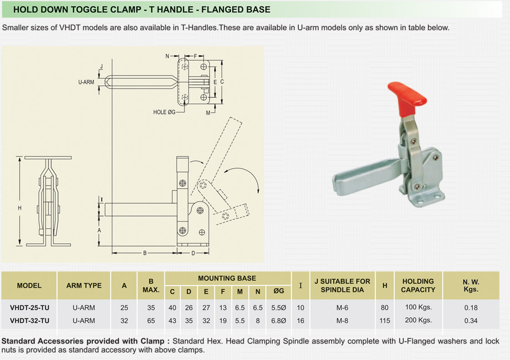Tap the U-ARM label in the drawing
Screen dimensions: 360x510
tap(86, 82)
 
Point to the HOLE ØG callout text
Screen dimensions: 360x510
tap(164, 112)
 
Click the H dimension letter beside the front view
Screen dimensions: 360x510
tap(20, 208)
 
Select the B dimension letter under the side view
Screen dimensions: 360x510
tap(145, 253)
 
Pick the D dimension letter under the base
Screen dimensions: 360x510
tap(193, 253)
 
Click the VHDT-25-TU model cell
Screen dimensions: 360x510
tap(29, 308)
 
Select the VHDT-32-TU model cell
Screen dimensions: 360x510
tap(29, 320)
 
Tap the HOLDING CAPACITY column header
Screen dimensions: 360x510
tap(418, 285)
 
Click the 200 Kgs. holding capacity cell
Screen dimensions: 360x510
tap(418, 320)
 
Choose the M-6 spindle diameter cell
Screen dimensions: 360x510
tap(342, 308)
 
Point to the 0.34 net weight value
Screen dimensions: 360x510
tap(471, 320)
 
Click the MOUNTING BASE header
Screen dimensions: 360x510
tap(227, 278)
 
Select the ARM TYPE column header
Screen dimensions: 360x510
tap(84, 286)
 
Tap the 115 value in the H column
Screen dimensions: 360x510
tap(385, 320)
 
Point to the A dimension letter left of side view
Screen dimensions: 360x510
tap(99, 231)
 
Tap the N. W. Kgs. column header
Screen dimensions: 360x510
tap(471, 285)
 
